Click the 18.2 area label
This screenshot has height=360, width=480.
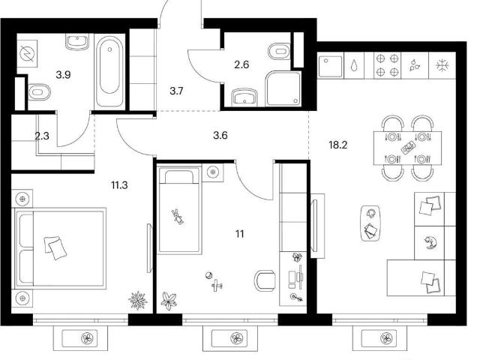pos(338,145)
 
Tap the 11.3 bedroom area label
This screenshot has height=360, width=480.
pos(119,185)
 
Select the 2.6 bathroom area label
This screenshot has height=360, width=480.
pos(241,64)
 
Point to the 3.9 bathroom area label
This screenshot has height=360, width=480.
pos(63,74)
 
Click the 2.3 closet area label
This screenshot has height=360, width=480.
pos(42,136)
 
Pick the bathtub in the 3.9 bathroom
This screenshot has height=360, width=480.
pos(109,71)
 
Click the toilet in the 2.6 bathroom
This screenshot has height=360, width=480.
pos(278,52)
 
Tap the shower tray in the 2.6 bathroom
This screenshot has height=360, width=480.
pos(283,88)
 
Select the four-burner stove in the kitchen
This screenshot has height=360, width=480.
pos(388,65)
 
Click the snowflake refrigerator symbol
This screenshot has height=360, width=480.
pos(442,65)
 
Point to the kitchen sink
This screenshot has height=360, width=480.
pos(330,66)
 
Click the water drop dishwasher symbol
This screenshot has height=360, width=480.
pos(354,65)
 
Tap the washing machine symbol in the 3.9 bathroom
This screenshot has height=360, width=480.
pos(27,54)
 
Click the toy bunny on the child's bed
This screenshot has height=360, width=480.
pos(178,217)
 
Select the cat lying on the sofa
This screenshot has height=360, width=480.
pos(430,242)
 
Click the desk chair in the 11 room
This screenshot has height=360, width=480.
pos(265,280)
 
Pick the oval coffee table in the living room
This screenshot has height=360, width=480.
pos(370,223)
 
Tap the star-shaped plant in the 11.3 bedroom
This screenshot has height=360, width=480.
pos(138,300)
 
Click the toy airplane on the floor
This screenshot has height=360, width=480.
pos(217,285)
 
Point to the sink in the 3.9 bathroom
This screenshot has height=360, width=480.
pos(76,42)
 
